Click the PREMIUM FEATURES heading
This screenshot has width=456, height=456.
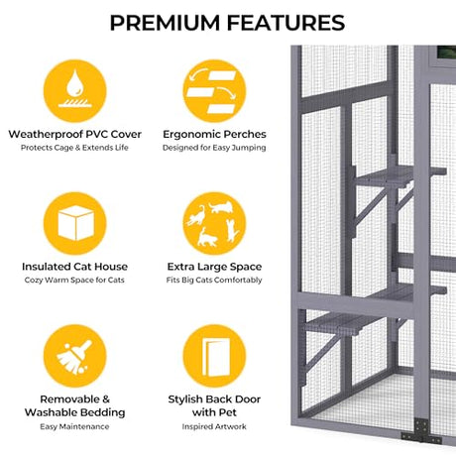pos(227,22)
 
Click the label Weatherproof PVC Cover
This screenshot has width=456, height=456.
pos(75,134)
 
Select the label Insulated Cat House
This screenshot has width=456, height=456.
pos(75,267)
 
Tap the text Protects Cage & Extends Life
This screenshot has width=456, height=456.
pos(75,148)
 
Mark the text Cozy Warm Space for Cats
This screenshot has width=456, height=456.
pos(75,281)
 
